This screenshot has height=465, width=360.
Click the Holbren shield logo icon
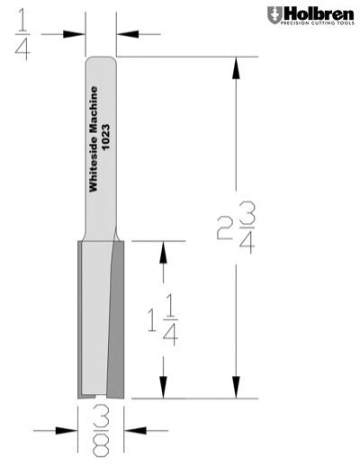pyautogui.click(x=273, y=14)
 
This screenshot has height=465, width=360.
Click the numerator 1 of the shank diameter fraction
pyautogui.click(x=22, y=16)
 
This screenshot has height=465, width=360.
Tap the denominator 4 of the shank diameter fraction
pyautogui.click(x=22, y=49)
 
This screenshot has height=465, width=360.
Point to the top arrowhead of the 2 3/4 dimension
pyautogui.click(x=236, y=67)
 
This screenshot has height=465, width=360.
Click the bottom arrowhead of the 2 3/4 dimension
pyautogui.click(x=236, y=388)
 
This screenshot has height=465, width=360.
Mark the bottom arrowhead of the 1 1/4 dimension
pyautogui.click(x=163, y=388)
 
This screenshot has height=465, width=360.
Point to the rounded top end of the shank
pyautogui.click(x=100, y=60)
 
